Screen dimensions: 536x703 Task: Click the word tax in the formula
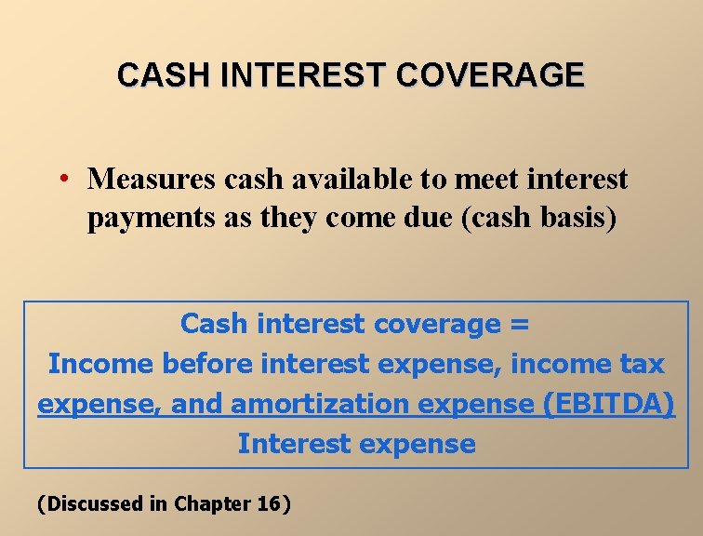(643, 364)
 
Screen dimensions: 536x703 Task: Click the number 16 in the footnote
(268, 504)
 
